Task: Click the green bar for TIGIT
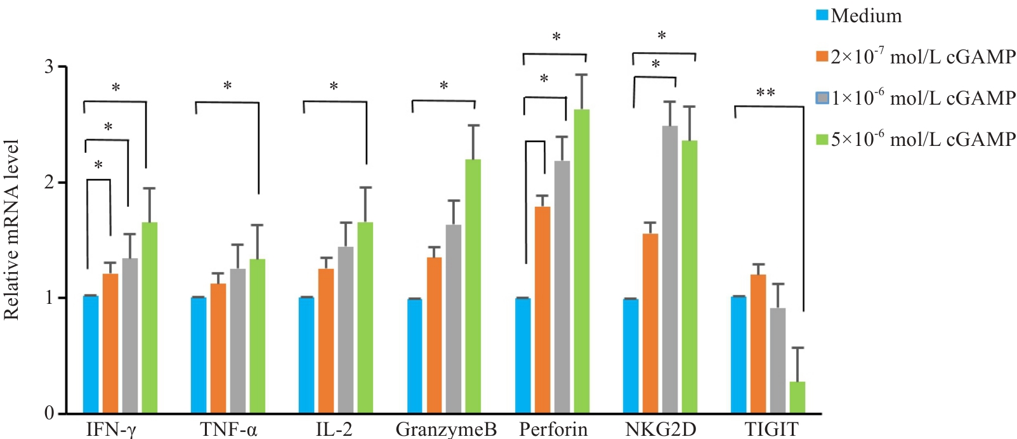(x=797, y=397)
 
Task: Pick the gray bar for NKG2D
(x=670, y=270)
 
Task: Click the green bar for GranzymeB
(x=473, y=286)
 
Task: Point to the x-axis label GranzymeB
(x=446, y=429)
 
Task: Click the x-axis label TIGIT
(x=771, y=429)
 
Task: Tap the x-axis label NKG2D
(x=660, y=429)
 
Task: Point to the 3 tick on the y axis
(x=49, y=67)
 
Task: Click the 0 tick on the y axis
(x=49, y=413)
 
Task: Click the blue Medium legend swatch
(x=822, y=15)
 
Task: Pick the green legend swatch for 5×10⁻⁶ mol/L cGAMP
(x=822, y=139)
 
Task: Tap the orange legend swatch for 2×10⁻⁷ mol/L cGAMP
(x=822, y=56)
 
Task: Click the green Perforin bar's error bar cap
(x=582, y=75)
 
